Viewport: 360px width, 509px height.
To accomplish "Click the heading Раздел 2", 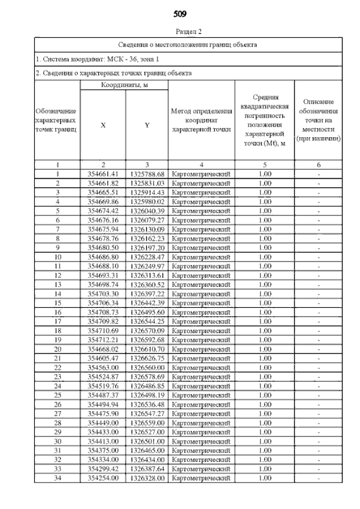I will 188,31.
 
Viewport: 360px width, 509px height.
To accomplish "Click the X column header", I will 102,125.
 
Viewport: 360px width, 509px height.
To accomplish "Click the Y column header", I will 146,125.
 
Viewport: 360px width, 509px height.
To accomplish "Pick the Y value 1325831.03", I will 147,183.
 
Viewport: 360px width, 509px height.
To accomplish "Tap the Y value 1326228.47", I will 147,257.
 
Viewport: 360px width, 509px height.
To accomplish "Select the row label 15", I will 57,303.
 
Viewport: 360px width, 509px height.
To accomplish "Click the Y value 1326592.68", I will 147,340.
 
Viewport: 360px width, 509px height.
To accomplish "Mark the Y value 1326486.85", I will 147,386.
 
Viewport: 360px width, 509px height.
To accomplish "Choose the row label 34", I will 57,478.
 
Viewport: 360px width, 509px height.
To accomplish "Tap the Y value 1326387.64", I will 147,469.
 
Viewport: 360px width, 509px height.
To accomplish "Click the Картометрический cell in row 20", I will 201,349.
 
